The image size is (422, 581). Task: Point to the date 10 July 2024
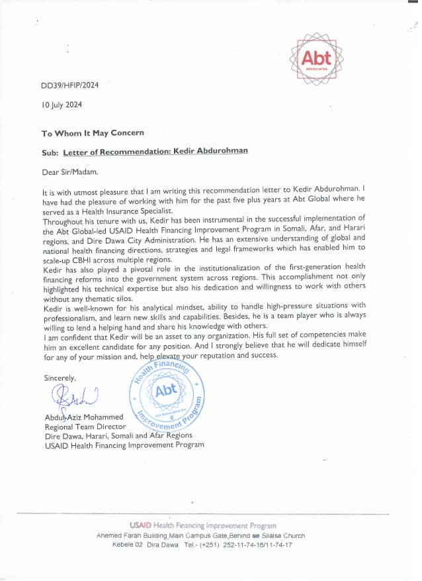(x=62, y=104)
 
